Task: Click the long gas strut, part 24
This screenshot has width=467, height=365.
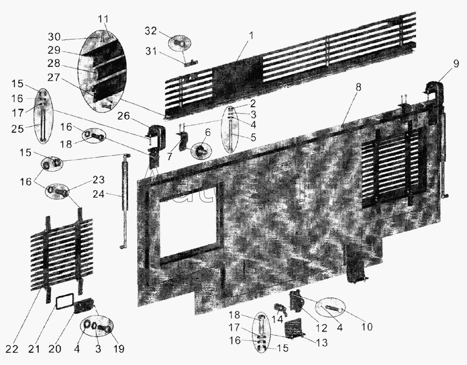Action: (125, 196)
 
